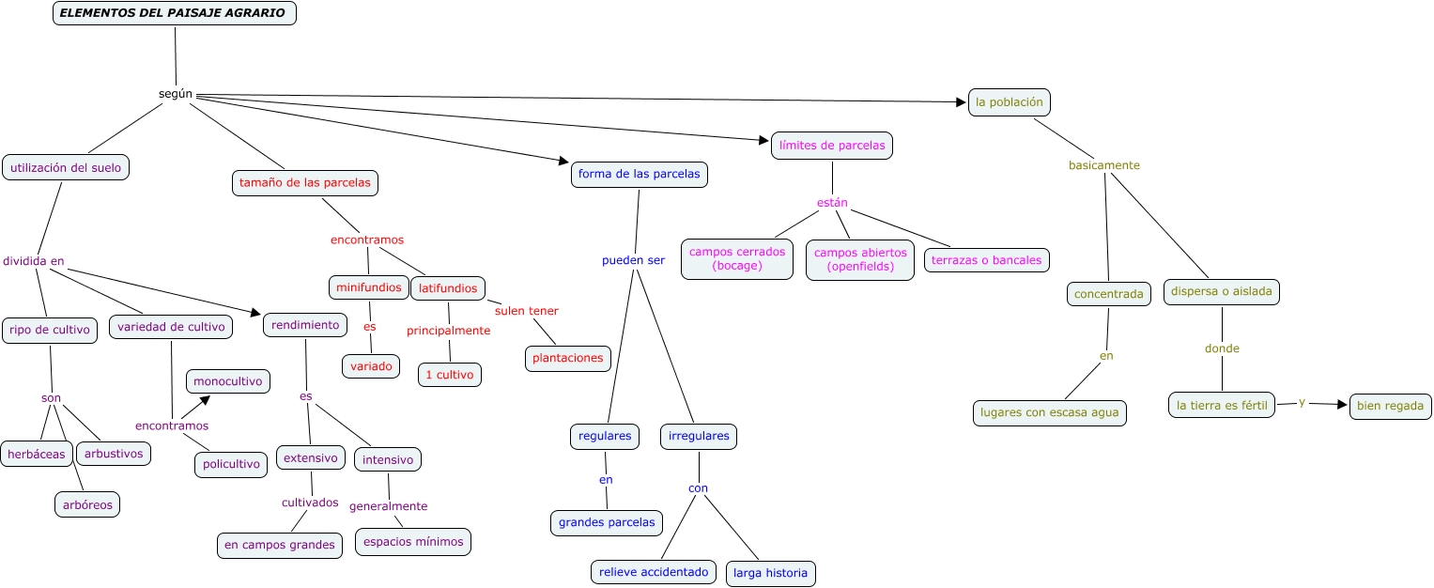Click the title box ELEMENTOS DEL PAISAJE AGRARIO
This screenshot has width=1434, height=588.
(175, 13)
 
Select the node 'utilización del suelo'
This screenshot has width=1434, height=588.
(66, 167)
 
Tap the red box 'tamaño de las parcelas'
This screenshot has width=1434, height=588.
(305, 182)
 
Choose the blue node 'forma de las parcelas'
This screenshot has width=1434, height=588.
(639, 174)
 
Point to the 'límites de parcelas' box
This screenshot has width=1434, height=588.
(832, 146)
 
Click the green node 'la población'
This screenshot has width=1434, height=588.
(1009, 101)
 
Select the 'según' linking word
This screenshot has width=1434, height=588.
(176, 94)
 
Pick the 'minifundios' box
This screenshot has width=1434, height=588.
(369, 287)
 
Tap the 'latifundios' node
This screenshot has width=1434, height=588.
(448, 288)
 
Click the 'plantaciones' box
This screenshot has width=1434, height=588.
(568, 358)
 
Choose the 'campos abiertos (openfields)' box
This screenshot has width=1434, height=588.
(860, 259)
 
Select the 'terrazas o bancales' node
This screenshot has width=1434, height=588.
(986, 260)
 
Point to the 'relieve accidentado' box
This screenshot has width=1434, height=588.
(654, 572)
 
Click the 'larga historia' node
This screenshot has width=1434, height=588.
(770, 573)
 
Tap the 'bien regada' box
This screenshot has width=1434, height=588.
(1390, 407)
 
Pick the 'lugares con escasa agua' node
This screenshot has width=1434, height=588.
(1049, 412)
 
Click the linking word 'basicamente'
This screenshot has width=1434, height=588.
(1103, 165)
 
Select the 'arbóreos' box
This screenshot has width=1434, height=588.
(87, 504)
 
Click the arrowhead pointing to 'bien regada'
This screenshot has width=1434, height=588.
(1342, 405)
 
